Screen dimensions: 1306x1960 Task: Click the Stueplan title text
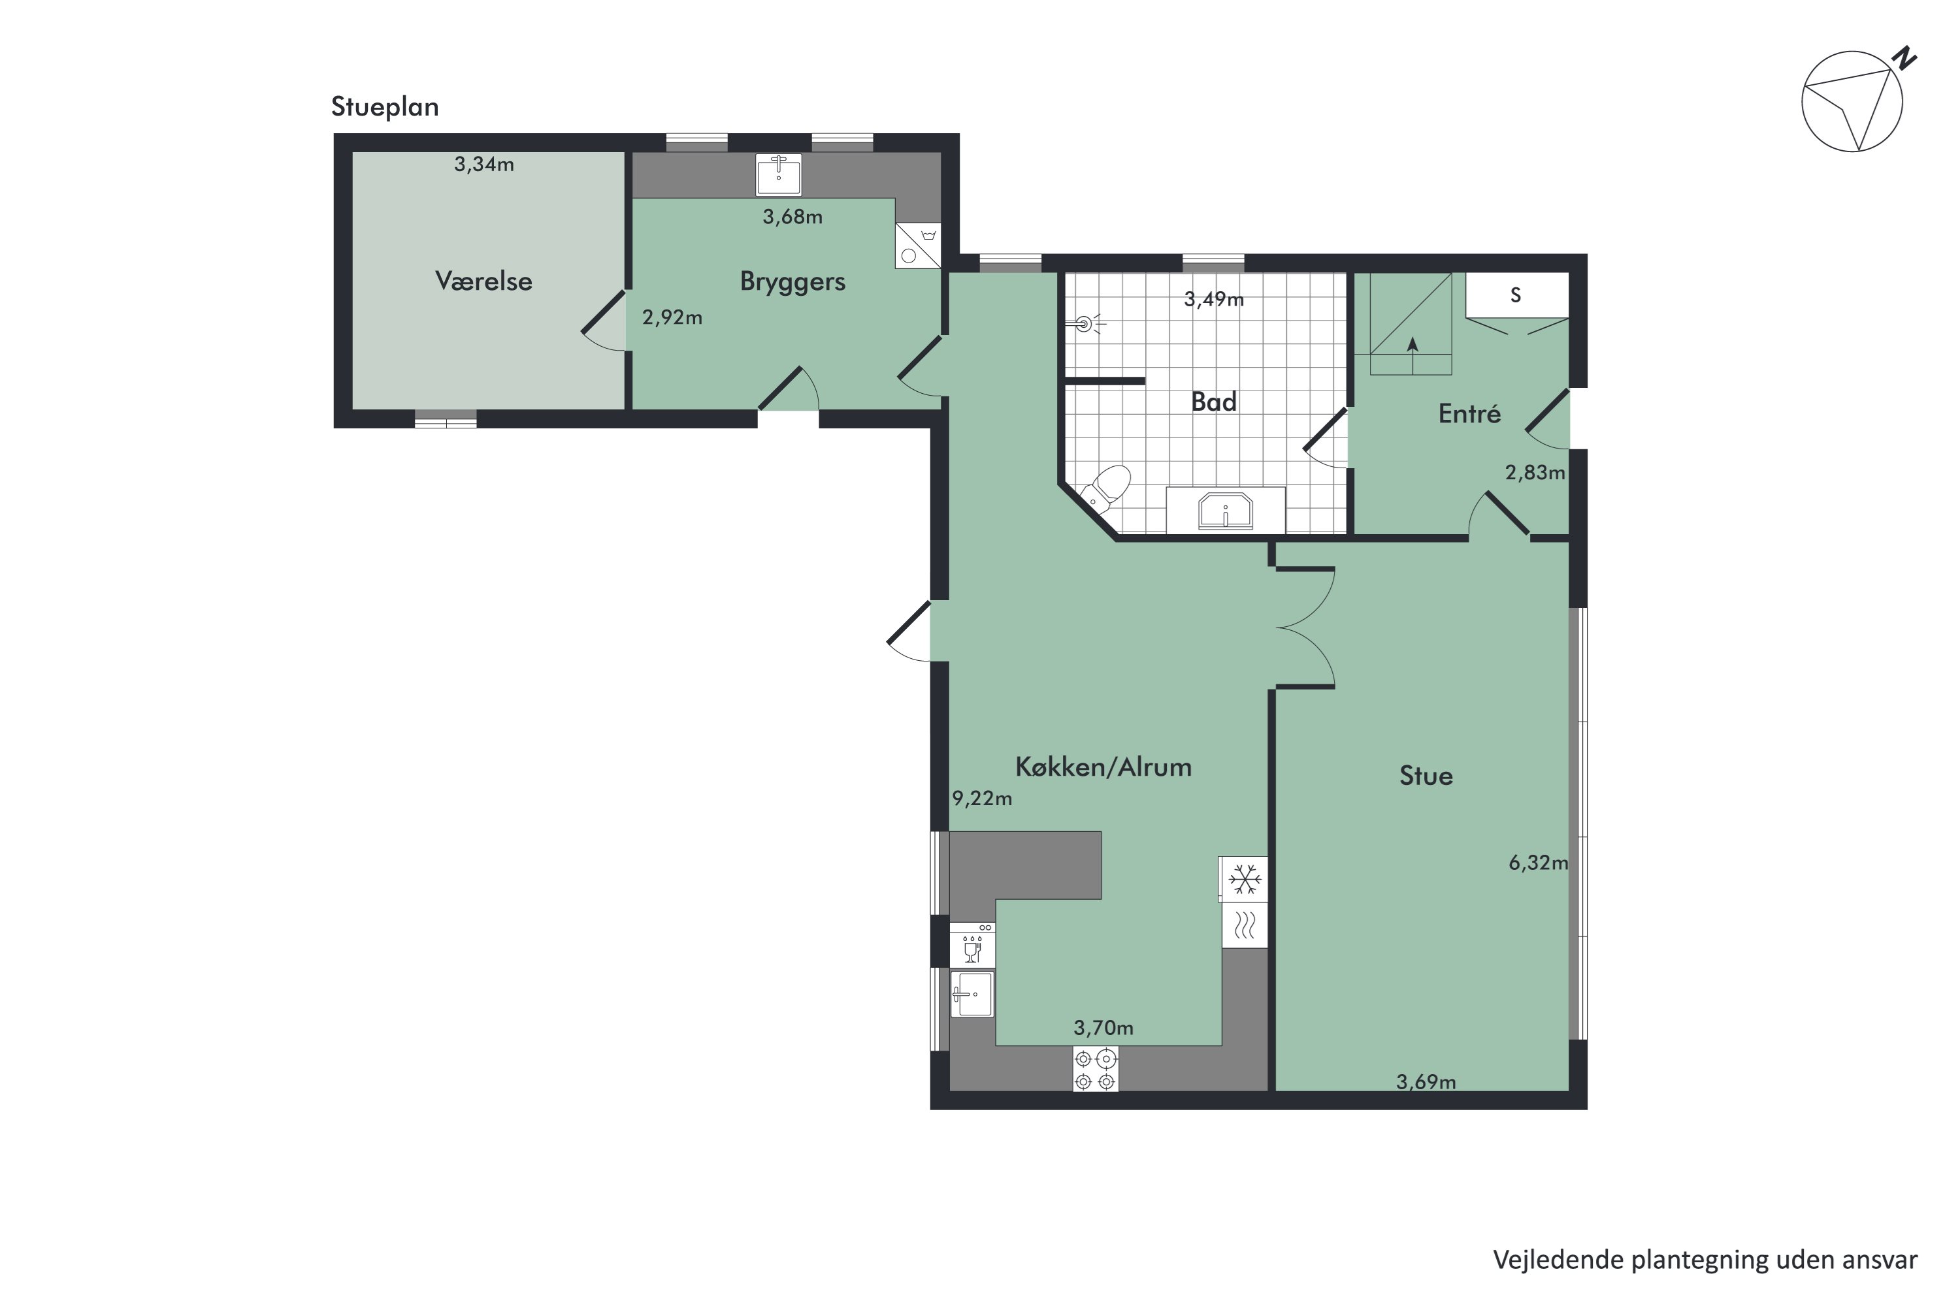click(384, 106)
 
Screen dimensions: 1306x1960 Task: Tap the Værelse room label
click(483, 281)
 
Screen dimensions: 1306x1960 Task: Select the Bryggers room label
click(792, 281)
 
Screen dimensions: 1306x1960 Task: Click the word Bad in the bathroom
click(1213, 402)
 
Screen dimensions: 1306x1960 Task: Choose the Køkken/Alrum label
click(1103, 766)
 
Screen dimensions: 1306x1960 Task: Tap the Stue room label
click(1425, 776)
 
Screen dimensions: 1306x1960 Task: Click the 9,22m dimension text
click(982, 798)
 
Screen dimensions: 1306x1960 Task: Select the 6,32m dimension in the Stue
click(1537, 862)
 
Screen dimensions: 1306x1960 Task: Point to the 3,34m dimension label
click(483, 164)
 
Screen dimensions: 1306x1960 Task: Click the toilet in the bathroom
click(1106, 489)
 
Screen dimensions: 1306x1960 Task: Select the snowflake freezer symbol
click(1244, 879)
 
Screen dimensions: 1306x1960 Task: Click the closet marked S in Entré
click(1516, 295)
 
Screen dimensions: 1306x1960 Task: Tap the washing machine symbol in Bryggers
click(917, 246)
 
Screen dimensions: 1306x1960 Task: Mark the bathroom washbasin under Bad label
click(1225, 510)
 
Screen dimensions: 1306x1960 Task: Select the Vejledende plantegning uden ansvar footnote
click(1704, 1260)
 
